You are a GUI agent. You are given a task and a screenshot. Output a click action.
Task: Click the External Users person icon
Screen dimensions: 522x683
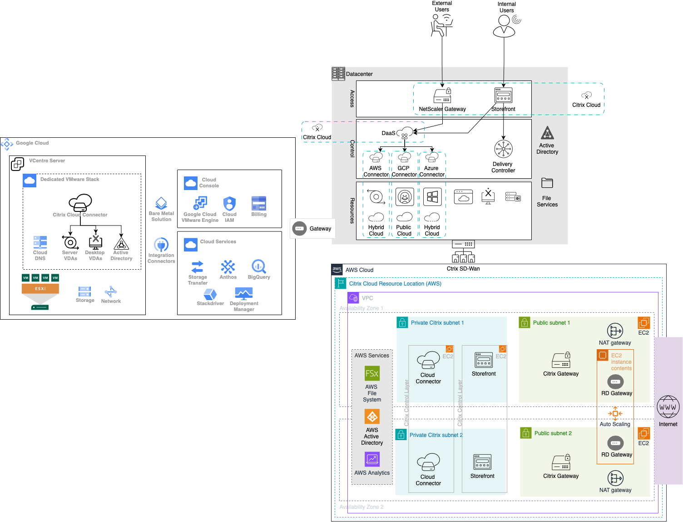pyautogui.click(x=441, y=25)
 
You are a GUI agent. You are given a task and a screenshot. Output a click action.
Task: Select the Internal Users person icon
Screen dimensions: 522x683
pyautogui.click(x=504, y=26)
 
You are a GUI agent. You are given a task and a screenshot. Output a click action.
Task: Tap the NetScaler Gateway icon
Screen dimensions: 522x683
pyautogui.click(x=442, y=96)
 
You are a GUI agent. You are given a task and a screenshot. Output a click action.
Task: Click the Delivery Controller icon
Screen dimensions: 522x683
pyautogui.click(x=503, y=149)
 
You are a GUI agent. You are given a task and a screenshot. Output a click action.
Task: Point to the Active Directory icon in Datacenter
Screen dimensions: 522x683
pyautogui.click(x=547, y=133)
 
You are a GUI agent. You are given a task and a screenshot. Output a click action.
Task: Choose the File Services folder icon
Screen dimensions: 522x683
pyautogui.click(x=547, y=183)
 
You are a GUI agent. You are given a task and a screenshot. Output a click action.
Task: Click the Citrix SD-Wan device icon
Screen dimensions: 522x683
pyautogui.click(x=463, y=251)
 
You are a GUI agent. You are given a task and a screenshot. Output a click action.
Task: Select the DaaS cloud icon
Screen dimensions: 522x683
pyautogui.click(x=405, y=133)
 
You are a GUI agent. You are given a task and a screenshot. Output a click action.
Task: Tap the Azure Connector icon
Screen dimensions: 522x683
pyautogui.click(x=432, y=157)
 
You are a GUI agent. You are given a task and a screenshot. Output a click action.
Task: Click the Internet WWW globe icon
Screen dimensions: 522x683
pyautogui.click(x=668, y=407)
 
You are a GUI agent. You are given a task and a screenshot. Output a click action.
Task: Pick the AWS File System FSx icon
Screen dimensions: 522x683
pyautogui.click(x=372, y=374)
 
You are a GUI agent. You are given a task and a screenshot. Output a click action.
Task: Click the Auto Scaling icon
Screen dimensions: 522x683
pyautogui.click(x=615, y=413)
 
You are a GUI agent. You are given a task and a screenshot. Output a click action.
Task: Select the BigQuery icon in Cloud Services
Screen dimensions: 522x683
pyautogui.click(x=258, y=266)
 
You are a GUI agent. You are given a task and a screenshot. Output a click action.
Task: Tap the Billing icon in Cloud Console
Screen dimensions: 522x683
pyautogui.click(x=259, y=203)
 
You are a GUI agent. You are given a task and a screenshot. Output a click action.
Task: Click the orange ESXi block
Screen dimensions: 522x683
pyautogui.click(x=40, y=289)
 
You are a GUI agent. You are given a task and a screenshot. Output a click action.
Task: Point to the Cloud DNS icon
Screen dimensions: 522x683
pyautogui.click(x=40, y=242)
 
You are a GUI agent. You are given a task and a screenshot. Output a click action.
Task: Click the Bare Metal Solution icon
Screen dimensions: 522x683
pyautogui.click(x=161, y=203)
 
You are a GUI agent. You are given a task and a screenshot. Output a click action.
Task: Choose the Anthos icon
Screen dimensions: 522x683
pyautogui.click(x=228, y=266)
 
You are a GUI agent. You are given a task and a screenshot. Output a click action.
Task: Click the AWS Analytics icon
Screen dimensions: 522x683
pyautogui.click(x=372, y=459)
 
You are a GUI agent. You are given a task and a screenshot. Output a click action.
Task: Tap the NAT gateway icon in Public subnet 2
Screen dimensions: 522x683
pyautogui.click(x=615, y=478)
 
